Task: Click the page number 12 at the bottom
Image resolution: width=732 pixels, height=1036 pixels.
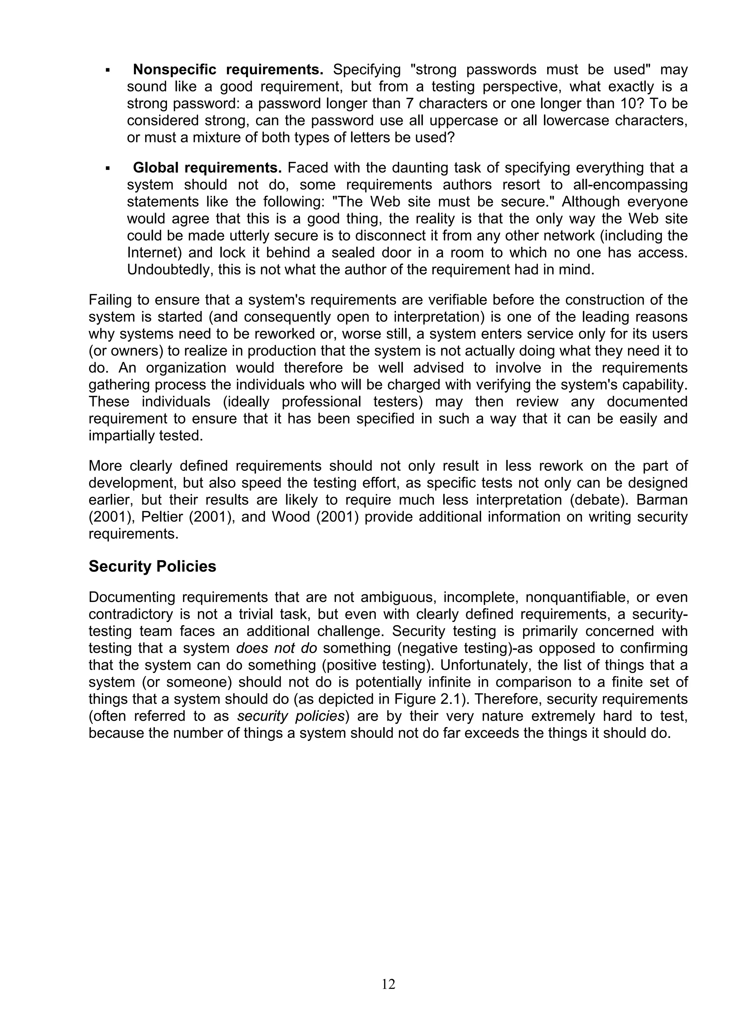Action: coord(388,984)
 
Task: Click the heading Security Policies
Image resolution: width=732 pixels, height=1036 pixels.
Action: coord(153,566)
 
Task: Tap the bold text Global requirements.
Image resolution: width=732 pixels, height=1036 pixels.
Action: coord(207,168)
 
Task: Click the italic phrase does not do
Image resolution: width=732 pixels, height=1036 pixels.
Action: coord(277,648)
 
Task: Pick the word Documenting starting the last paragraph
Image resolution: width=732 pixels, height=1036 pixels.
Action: coord(133,597)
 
